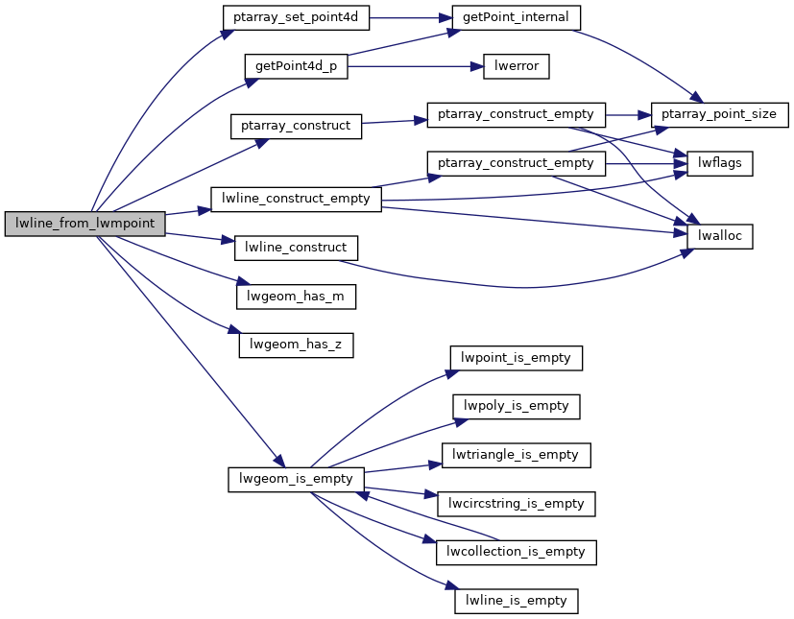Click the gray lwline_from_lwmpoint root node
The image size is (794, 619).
pos(85,223)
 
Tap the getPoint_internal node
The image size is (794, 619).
pos(517,17)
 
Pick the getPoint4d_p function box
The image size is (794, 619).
pos(296,66)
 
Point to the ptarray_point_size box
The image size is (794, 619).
pos(720,114)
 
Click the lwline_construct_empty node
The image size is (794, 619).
pos(296,199)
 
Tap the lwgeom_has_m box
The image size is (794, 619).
pos(296,297)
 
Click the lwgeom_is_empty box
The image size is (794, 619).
pos(296,478)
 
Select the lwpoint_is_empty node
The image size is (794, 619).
pos(517,358)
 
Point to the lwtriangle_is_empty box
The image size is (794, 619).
pos(517,454)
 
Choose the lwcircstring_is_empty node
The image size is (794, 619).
pos(517,503)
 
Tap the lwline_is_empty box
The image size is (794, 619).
pos(517,601)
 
